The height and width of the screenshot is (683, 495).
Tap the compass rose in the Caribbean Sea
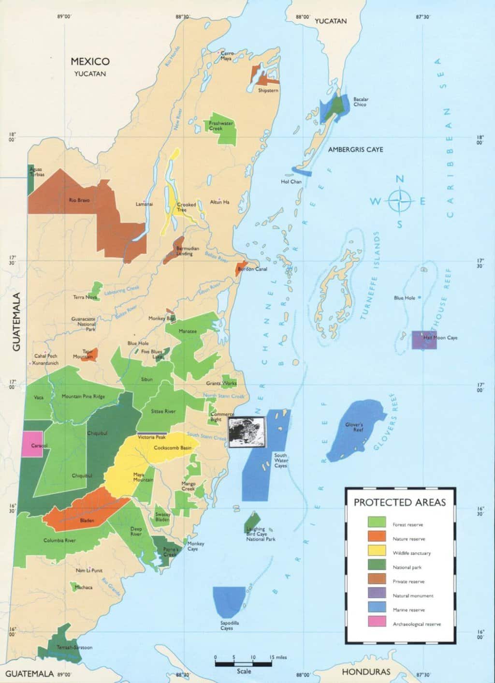click(400, 201)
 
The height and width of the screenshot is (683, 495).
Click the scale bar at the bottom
click(244, 664)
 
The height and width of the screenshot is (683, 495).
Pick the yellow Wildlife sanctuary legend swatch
click(377, 550)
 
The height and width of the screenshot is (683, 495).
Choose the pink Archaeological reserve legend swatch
click(377, 622)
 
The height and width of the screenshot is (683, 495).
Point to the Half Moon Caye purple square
click(424, 340)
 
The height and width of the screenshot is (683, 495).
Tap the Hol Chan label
click(291, 182)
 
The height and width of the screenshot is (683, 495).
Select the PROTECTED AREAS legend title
click(400, 503)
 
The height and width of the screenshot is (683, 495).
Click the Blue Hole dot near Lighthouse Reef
click(420, 297)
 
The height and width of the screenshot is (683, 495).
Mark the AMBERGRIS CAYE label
click(355, 150)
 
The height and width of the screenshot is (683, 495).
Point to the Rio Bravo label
click(79, 200)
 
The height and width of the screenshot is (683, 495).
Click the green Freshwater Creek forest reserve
click(221, 130)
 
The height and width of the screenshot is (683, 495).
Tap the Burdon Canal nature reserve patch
click(239, 269)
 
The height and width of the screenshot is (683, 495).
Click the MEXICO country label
click(90, 61)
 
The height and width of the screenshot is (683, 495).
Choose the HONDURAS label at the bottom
click(365, 672)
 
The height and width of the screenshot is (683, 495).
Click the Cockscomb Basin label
click(173, 448)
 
